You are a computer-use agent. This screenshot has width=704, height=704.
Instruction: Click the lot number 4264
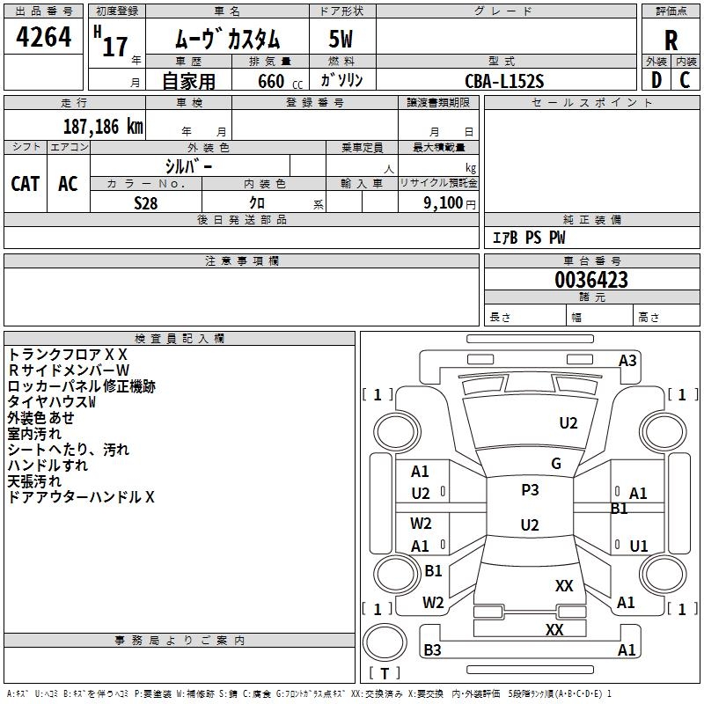click(43, 37)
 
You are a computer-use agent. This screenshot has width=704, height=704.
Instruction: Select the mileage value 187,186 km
click(103, 127)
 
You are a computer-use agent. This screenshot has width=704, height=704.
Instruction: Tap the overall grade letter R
click(671, 40)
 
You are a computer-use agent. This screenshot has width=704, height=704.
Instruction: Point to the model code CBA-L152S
click(504, 81)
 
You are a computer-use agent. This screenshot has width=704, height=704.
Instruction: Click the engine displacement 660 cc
click(280, 82)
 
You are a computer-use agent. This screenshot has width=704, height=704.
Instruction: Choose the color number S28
click(145, 203)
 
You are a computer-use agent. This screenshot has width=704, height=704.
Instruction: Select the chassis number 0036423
click(591, 280)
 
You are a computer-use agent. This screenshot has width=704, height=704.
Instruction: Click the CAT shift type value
click(26, 184)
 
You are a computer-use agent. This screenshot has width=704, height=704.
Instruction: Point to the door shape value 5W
click(341, 39)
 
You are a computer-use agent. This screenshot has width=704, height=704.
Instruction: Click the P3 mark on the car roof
click(530, 490)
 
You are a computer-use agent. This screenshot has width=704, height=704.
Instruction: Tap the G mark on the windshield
click(556, 464)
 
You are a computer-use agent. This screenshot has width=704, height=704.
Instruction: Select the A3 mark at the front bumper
click(627, 361)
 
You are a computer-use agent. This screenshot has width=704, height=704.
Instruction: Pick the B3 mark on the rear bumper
click(432, 649)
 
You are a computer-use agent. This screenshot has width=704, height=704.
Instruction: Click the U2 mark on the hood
click(568, 423)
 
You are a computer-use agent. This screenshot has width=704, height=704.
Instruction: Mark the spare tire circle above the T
click(385, 642)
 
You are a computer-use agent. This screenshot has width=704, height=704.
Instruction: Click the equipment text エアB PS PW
click(529, 238)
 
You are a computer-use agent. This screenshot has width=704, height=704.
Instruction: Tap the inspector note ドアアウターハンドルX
click(81, 497)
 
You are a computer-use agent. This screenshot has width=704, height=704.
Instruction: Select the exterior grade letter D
click(656, 80)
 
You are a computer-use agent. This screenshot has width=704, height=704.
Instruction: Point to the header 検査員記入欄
click(180, 339)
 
